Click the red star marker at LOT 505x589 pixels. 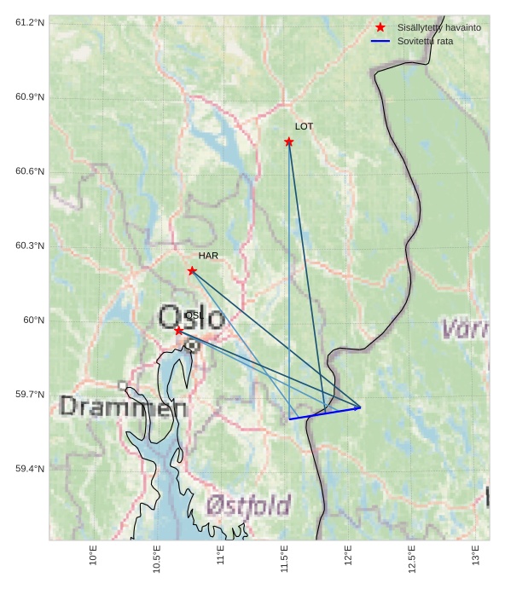(289, 141)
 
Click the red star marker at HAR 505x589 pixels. (192, 271)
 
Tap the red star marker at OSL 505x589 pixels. (178, 331)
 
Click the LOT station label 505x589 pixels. (305, 126)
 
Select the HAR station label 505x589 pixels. (208, 256)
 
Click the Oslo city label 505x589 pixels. (192, 317)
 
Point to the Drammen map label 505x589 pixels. (123, 407)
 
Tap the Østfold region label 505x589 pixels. (248, 505)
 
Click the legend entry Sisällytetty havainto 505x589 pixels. (438, 27)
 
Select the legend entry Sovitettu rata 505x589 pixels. (425, 41)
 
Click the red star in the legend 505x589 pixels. (380, 27)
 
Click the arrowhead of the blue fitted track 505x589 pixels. (359, 407)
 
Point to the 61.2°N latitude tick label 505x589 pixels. (30, 22)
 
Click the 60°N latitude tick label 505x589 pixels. (34, 320)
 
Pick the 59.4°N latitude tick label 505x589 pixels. (30, 469)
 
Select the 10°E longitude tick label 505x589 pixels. (93, 555)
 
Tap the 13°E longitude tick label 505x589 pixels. (475, 555)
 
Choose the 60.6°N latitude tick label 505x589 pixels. (30, 171)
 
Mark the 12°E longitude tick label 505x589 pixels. (348, 555)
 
